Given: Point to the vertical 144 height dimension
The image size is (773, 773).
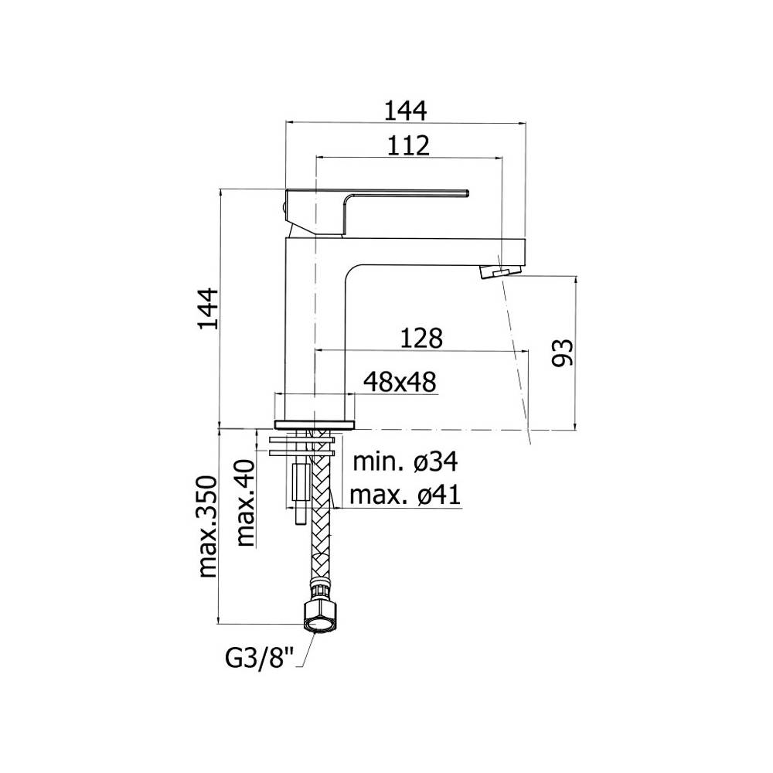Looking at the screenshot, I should click(x=208, y=308).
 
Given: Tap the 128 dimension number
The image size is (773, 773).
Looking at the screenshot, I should click(x=421, y=338).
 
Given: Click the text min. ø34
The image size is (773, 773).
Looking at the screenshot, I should click(x=405, y=462).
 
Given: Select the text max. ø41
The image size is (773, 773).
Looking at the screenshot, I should click(x=405, y=495).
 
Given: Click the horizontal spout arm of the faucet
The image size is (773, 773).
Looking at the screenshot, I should click(x=433, y=251).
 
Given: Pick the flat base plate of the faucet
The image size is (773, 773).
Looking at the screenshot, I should click(x=315, y=423).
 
